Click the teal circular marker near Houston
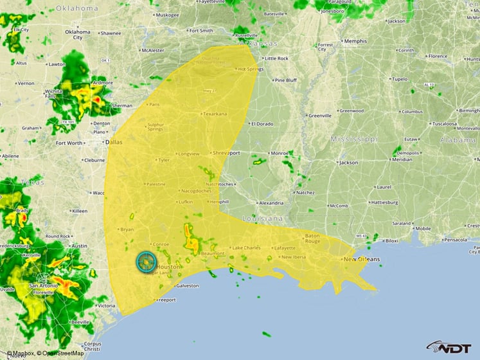147,262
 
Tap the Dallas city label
113,141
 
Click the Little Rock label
276,59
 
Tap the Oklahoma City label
77,34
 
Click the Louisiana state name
262,219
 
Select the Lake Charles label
247,248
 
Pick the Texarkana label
215,114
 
